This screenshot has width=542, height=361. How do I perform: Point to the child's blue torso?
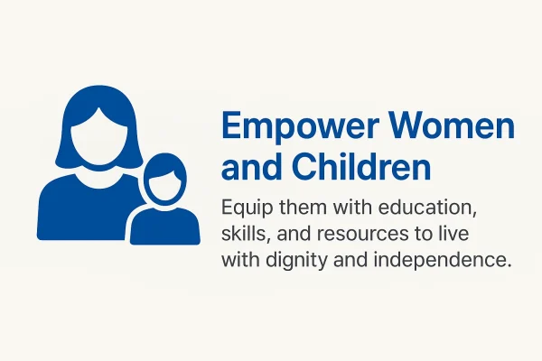pyautogui.click(x=164, y=227)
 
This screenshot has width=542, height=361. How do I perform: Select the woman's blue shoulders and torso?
pyautogui.click(x=81, y=208)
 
